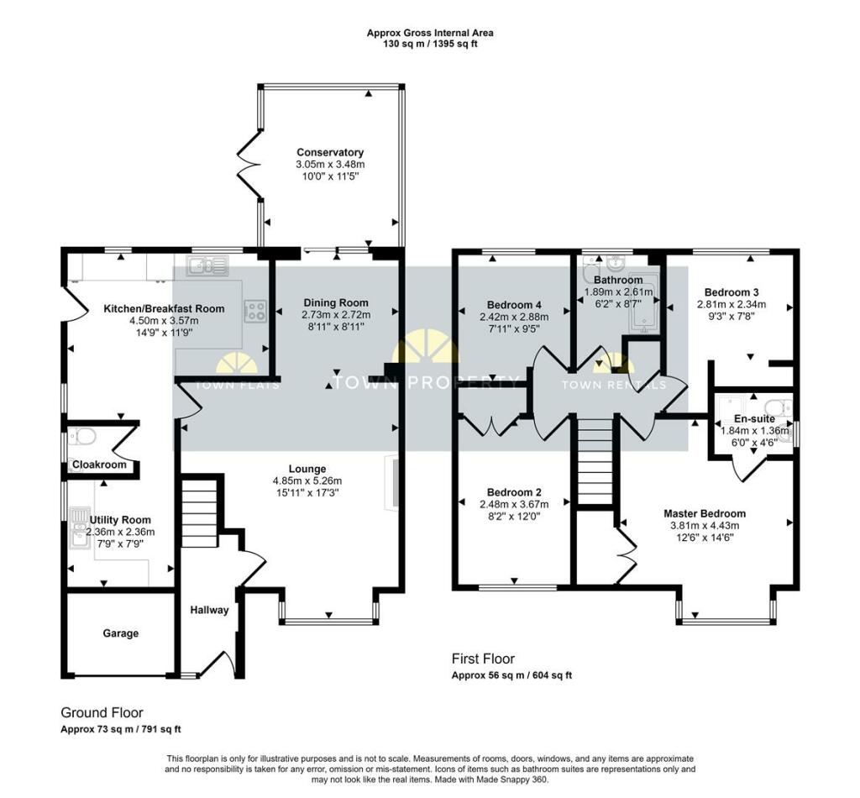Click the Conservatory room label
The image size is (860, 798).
330,152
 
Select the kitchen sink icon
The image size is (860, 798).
207,266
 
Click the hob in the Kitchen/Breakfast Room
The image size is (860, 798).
254,311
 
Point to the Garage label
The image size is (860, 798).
120,633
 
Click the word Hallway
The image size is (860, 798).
208,610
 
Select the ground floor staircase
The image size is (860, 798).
200,512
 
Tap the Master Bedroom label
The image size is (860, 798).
704,513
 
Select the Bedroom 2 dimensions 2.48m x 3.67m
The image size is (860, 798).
513,505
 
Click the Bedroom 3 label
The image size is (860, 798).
731,291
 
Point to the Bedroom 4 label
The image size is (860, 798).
514,304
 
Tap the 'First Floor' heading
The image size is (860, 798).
483,659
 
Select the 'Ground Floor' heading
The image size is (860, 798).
102,712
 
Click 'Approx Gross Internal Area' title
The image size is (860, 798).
429,33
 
